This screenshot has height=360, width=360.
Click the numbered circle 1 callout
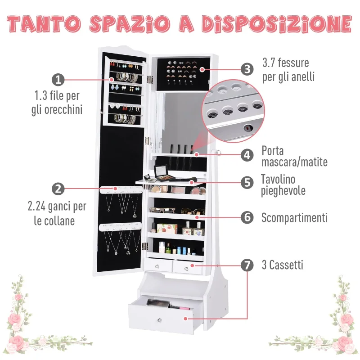coord(58,80)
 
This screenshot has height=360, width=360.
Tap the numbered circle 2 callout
coord(58,189)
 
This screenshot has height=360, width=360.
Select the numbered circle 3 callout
coord(247,69)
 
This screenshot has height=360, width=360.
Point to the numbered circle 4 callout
coord(247,155)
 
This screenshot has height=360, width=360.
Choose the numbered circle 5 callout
coord(247,182)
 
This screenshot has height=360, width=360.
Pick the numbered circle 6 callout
coord(247,217)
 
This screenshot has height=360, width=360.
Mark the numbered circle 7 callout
coord(247,265)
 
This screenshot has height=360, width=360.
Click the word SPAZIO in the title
coord(130,24)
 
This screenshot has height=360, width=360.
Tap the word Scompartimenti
coord(294,218)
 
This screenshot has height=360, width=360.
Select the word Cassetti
coord(286,265)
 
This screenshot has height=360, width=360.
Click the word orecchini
coord(63,109)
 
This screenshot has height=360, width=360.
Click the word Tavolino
coord(278,179)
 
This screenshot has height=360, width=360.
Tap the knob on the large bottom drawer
coord(159,320)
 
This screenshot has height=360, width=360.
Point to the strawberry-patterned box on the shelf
coord(167,229)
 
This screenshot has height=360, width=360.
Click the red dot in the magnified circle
coord(247,128)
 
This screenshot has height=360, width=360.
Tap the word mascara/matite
coord(295,162)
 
